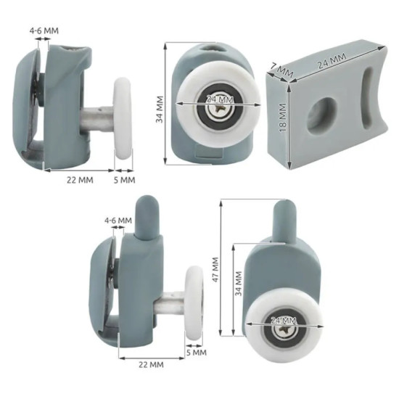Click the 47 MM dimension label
pyautogui.click(x=215, y=269)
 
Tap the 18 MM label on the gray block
pyautogui.click(x=283, y=117)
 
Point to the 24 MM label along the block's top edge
pyautogui.click(x=332, y=61)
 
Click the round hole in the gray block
pyautogui.click(x=321, y=114)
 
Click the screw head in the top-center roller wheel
pyautogui.click(x=219, y=110)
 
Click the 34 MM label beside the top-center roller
pyautogui.click(x=160, y=109)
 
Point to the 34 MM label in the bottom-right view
pyautogui.click(x=239, y=284)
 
